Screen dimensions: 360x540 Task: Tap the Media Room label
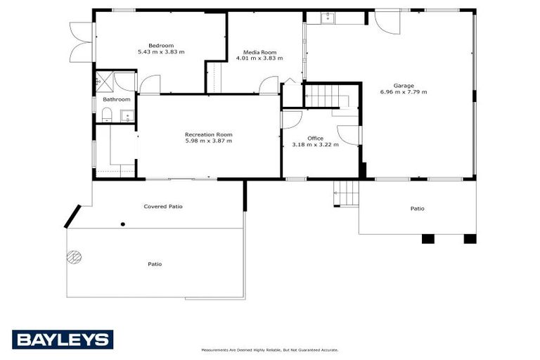pyautogui.click(x=259, y=52)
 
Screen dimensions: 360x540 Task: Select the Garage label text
pyautogui.click(x=403, y=86)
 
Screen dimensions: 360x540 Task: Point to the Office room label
pyautogui.click(x=315, y=139)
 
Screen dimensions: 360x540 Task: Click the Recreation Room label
pyautogui.click(x=208, y=134)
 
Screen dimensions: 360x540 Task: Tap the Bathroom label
pyautogui.click(x=117, y=100)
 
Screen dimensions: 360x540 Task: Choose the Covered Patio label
pyautogui.click(x=163, y=207)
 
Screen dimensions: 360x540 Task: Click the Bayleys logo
pyautogui.click(x=63, y=340)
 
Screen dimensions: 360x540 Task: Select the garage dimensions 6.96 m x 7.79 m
pyautogui.click(x=403, y=92)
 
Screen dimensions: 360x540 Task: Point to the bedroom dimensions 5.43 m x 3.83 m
pyautogui.click(x=161, y=52)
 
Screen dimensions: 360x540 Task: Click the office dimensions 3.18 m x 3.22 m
pyautogui.click(x=315, y=145)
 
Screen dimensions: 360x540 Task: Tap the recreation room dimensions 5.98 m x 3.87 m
pyautogui.click(x=208, y=141)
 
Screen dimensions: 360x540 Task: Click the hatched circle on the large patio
pyautogui.click(x=73, y=257)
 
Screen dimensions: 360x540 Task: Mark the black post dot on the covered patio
pyautogui.click(x=123, y=224)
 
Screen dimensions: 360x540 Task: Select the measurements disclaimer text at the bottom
pyautogui.click(x=270, y=349)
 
